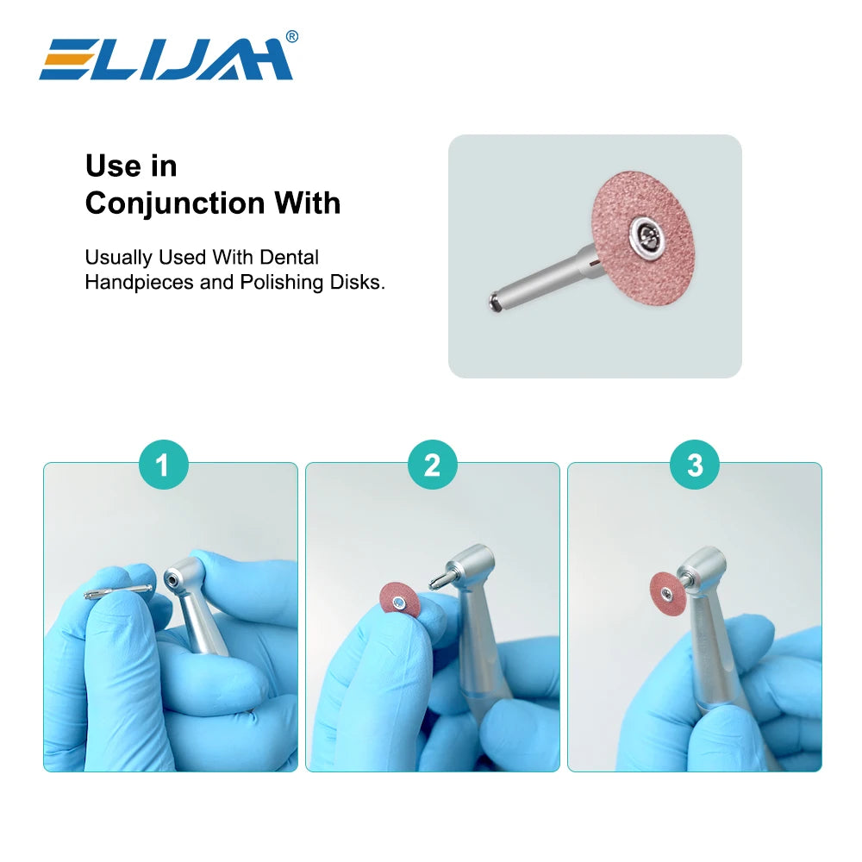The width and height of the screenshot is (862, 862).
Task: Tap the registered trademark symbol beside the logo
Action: (292, 36)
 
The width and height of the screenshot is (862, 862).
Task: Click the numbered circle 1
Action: (163, 465)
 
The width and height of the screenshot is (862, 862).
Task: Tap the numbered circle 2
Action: (432, 465)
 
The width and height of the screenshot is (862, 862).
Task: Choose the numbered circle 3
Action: (695, 465)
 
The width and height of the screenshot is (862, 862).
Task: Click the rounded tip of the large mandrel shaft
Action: (494, 302)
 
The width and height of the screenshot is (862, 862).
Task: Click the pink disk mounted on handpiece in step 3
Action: (666, 590)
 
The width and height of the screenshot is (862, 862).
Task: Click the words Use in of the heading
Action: (131, 166)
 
